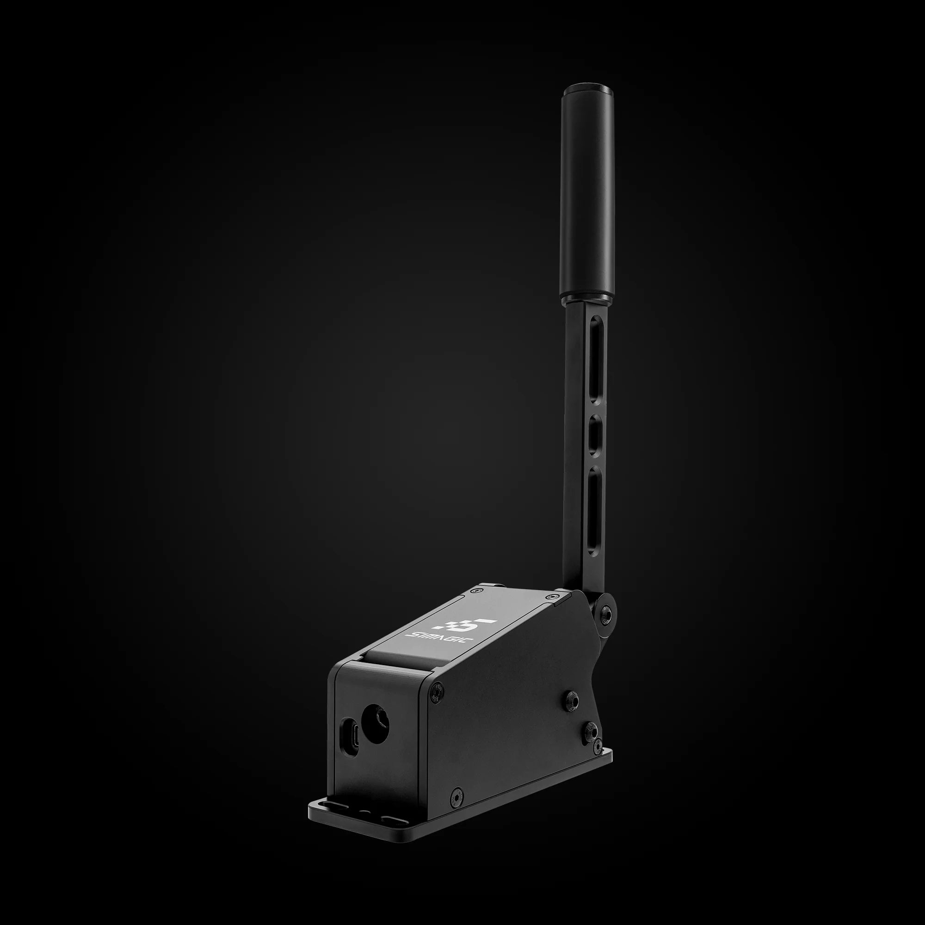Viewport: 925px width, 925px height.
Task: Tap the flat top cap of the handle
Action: (x=587, y=89)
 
